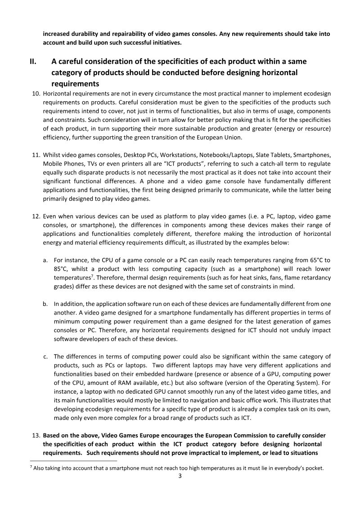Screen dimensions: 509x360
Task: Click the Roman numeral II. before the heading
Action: (x=34, y=61)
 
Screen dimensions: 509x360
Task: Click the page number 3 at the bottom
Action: (x=180, y=476)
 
